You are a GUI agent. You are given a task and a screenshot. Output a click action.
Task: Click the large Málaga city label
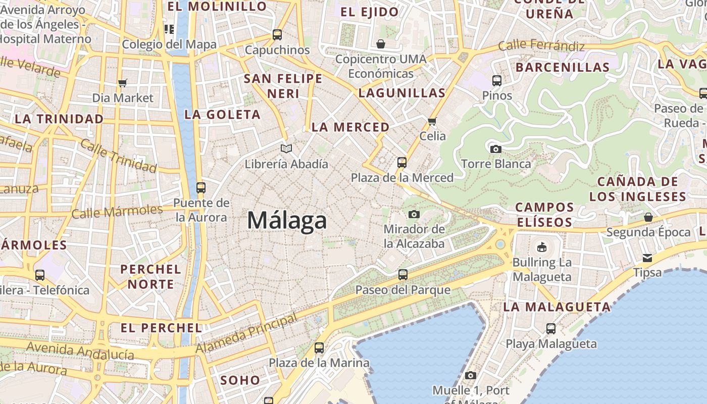287,221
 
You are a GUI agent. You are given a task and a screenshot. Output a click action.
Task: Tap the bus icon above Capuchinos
277,35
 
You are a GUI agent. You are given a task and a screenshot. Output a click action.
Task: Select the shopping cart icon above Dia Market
122,83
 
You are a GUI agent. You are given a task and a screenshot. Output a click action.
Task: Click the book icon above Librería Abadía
286,149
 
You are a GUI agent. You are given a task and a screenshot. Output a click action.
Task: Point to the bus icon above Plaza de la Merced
402,163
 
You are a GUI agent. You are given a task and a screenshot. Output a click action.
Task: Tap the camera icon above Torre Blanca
496,149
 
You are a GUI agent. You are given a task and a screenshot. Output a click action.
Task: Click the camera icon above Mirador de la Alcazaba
414,214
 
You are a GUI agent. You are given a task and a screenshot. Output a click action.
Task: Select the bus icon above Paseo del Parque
403,275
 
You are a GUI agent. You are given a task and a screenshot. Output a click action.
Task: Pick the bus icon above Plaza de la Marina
319,348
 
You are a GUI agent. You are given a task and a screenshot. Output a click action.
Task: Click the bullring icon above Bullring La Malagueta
542,247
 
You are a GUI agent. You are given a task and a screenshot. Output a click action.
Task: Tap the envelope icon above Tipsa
647,258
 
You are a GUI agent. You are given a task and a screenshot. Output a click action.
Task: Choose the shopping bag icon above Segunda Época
648,218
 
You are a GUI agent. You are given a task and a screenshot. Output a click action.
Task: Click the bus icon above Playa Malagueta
551,329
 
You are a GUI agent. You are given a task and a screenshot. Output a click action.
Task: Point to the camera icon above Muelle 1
471,375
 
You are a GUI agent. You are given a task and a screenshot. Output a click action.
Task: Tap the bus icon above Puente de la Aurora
200,188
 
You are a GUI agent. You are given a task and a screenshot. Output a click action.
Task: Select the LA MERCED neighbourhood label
350,127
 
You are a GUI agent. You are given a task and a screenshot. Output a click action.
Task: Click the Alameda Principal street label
246,334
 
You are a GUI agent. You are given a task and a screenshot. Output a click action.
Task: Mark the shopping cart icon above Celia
432,121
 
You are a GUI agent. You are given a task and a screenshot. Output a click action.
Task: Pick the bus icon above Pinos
497,80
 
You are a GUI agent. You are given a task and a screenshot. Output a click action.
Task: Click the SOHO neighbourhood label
240,380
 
